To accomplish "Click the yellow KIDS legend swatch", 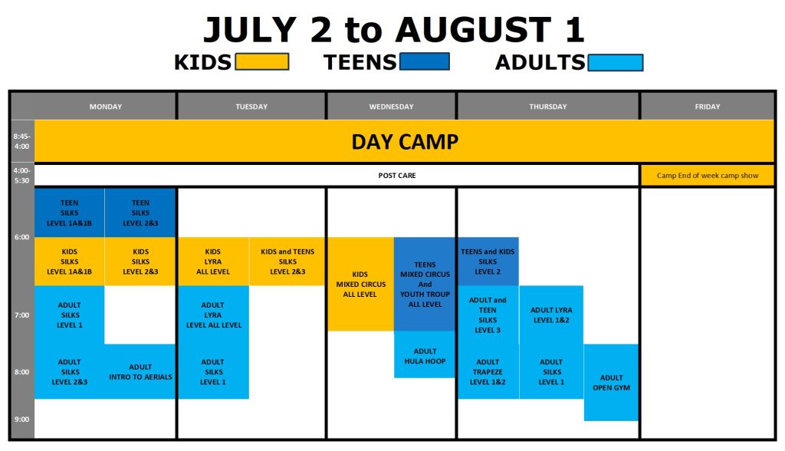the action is tap(262, 61).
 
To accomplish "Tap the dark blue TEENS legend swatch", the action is tap(423, 61).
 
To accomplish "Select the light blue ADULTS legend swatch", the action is tap(616, 63).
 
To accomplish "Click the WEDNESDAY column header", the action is tap(392, 107).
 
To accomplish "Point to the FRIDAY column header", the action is tap(708, 107).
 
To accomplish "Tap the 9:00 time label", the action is tap(21, 420).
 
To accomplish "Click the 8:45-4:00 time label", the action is tap(21, 141).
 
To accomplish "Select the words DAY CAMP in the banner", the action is tap(405, 142).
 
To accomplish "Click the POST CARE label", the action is tap(397, 176).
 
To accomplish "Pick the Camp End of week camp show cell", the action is tap(708, 176).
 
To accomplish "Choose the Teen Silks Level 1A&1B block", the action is tap(69, 213).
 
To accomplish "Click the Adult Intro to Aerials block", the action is tap(140, 371).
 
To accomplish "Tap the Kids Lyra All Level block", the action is tap(213, 262).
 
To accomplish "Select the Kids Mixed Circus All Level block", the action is tap(360, 284).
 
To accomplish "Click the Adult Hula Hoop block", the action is tap(425, 355).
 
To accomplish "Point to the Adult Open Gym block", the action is tap(611, 382).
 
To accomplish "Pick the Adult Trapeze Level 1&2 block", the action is tap(488, 371).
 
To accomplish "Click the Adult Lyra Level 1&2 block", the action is tap(551, 314).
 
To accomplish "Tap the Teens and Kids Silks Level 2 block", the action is tap(488, 262).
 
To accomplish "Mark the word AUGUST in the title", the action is tap(473, 30).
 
